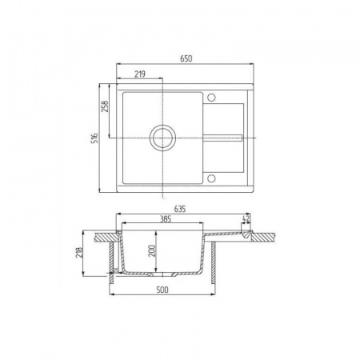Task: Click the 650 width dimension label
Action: click(x=186, y=58)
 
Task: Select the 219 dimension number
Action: click(x=140, y=74)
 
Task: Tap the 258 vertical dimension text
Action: click(x=106, y=106)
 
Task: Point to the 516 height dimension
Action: click(x=94, y=138)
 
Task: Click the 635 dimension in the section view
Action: click(x=180, y=210)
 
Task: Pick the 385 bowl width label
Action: click(x=166, y=219)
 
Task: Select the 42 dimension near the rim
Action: click(x=246, y=219)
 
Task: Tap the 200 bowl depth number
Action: click(x=151, y=250)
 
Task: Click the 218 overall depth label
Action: click(x=79, y=253)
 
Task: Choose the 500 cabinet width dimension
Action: click(x=162, y=290)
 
